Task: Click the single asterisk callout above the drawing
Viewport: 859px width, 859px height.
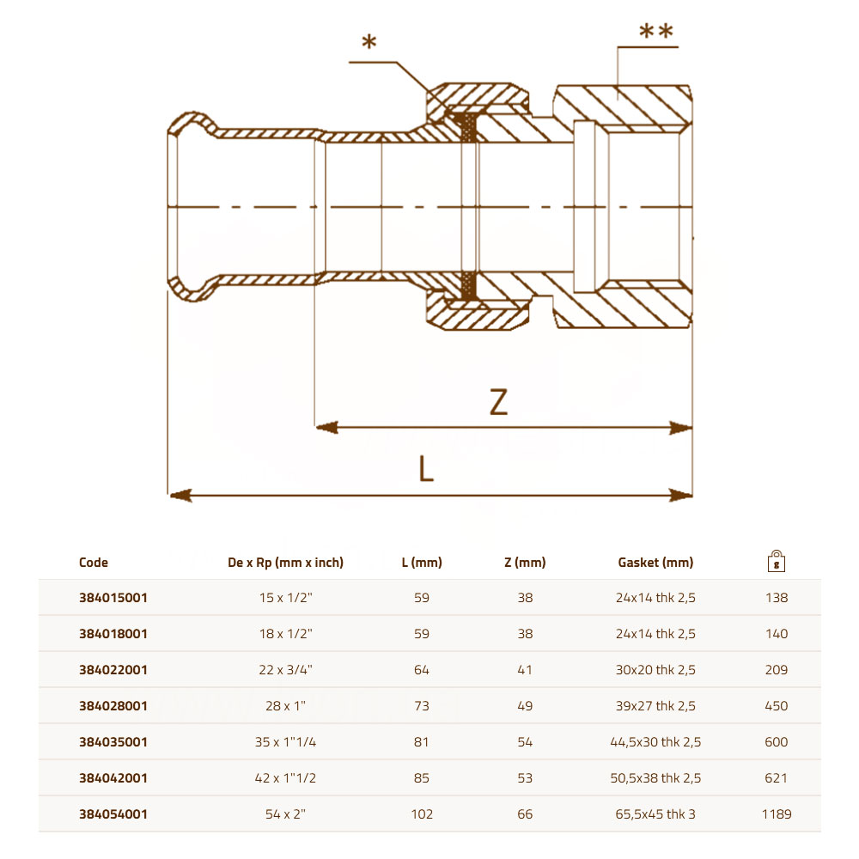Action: coord(369,41)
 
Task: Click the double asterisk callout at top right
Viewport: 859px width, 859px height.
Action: coord(655,31)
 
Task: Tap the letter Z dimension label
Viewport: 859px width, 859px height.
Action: coord(498,402)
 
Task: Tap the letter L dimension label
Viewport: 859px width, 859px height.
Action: coord(426,469)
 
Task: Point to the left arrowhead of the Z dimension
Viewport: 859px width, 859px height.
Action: coord(327,427)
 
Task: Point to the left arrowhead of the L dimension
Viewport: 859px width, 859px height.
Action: coord(180,496)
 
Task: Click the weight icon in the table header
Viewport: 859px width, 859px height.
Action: coord(777,561)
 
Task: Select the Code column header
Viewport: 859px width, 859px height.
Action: coord(93,563)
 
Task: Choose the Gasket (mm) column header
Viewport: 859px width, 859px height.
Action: coord(655,563)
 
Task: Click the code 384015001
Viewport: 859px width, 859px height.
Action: coord(113,598)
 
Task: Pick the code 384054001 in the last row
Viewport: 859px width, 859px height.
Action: coord(113,814)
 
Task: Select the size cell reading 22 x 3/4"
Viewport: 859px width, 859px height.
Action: coord(285,669)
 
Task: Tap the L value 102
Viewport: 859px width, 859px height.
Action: coord(422,814)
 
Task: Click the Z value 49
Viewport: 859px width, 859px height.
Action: coord(525,705)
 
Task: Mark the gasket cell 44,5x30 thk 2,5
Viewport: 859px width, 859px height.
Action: coord(655,742)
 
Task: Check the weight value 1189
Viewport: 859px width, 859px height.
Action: coord(777,814)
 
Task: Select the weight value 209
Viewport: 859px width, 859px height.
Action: coord(777,669)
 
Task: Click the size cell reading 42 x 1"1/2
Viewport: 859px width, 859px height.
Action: coord(285,778)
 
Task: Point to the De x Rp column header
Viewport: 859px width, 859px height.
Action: coord(285,563)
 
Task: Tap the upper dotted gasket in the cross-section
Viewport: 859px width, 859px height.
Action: coord(468,127)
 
